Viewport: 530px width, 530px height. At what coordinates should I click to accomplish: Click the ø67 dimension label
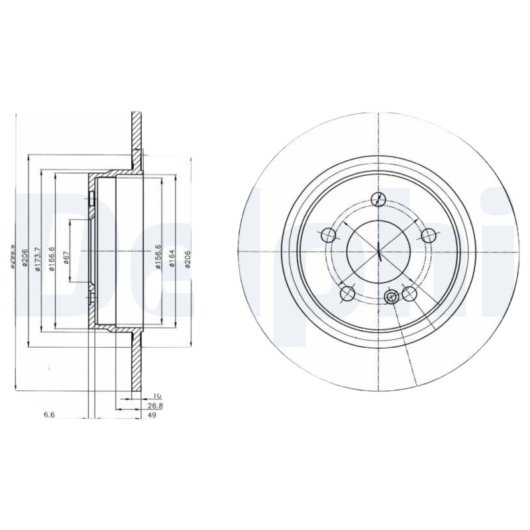click(67, 256)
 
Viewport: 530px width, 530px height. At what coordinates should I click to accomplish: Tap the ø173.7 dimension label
click(38, 256)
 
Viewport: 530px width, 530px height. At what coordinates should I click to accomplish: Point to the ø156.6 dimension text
click(158, 256)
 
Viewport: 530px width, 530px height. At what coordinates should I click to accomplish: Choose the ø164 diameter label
click(171, 256)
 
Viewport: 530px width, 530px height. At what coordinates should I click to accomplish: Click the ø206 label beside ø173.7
click(25, 256)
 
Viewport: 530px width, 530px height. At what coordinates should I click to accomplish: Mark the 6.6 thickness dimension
click(48, 415)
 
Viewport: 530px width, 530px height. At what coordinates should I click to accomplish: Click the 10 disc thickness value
click(139, 396)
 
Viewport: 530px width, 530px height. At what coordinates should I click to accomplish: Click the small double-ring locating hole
click(391, 297)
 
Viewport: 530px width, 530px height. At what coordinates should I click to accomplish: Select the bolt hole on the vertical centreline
click(378, 199)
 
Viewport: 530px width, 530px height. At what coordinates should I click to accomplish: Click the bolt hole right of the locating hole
click(409, 293)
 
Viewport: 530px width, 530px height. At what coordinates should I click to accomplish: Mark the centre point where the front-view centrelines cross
click(378, 252)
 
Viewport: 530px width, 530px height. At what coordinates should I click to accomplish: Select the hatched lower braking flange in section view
click(136, 368)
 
